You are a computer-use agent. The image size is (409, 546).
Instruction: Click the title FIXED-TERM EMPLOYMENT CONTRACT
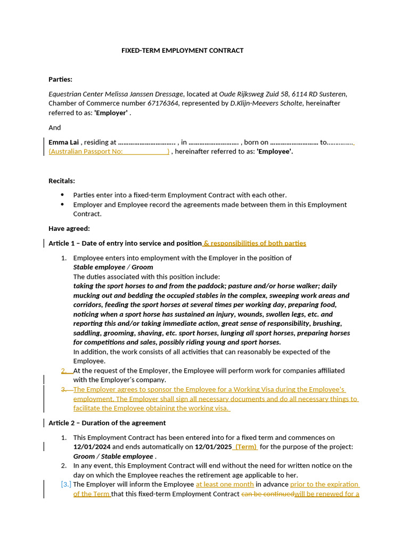pos(182,51)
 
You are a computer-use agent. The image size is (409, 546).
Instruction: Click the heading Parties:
pos(60,79)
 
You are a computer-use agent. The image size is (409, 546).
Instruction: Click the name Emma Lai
pos(63,142)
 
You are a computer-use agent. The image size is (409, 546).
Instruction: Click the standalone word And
pos(55,127)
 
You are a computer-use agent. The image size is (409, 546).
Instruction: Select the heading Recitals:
pos(62,181)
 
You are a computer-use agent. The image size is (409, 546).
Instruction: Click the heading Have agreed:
pos(69,229)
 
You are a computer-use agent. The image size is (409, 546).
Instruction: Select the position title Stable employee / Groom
pos(113,267)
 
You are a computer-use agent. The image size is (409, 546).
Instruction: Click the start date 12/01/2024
pos(92,447)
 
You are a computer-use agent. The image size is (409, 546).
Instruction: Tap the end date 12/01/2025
pos(213,447)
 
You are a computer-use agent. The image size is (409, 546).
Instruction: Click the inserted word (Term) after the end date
pos(246,447)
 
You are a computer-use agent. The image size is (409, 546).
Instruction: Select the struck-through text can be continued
pos(267,494)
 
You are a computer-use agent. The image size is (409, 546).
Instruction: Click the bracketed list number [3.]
pos(66,485)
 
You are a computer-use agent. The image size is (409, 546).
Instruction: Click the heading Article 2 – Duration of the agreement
pos(107,423)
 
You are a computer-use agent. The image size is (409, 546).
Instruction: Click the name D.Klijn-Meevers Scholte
pos(266,103)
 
